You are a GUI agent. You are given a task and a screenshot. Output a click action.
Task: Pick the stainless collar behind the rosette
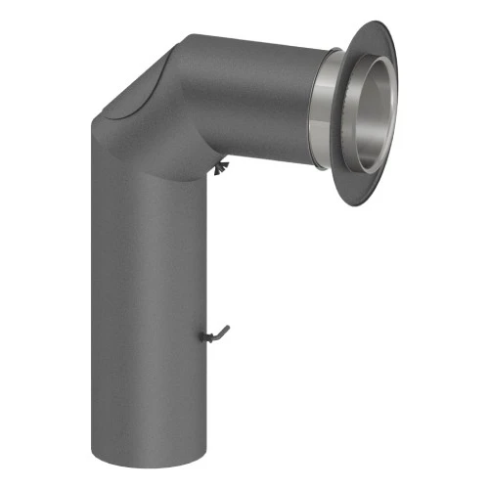pyautogui.click(x=333, y=108)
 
